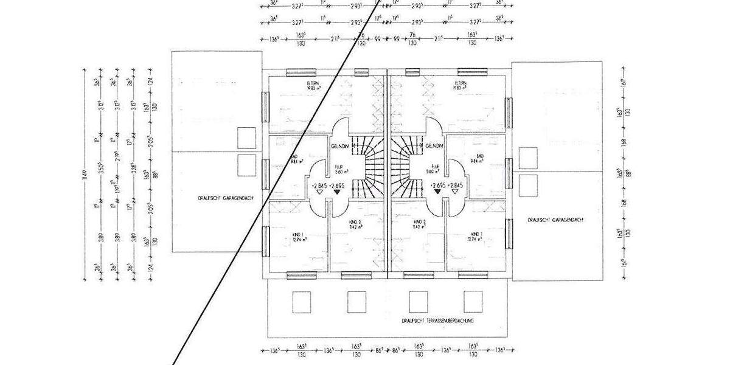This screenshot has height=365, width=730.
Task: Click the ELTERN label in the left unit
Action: tap(314, 84)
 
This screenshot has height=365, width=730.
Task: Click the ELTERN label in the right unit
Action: tap(461, 84)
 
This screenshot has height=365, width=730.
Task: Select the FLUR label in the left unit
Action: tap(339, 167)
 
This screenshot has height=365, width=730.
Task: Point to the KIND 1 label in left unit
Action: tap(297, 236)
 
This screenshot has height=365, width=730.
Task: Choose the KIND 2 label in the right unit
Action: tap(419, 223)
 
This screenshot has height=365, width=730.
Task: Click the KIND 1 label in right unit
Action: tap(478, 236)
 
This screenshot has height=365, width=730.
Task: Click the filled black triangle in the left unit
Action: tap(336, 192)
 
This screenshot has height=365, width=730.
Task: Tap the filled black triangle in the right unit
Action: tap(437, 192)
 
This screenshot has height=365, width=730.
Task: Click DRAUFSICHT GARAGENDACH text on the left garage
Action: tap(217, 198)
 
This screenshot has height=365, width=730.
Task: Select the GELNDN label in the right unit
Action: tap(434, 147)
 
